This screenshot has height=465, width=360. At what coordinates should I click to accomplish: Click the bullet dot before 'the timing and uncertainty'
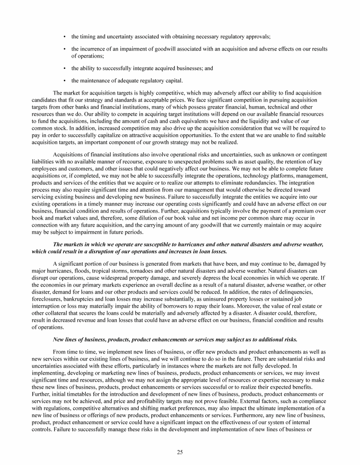click(64, 36)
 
